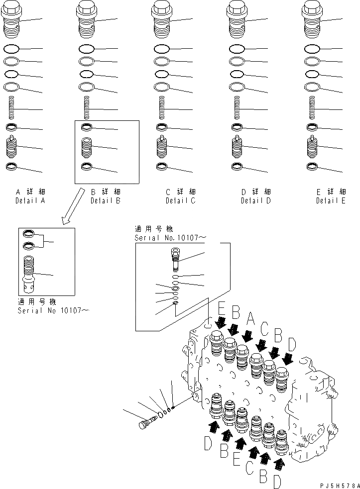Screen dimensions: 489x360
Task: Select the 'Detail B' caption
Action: click(x=105, y=201)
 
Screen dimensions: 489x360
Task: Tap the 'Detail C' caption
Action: click(x=180, y=201)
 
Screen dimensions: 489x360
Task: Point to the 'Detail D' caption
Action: click(x=255, y=201)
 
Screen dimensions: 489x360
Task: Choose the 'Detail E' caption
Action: click(x=331, y=201)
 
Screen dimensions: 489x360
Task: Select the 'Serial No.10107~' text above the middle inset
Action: click(x=169, y=238)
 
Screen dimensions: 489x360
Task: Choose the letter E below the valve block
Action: click(x=237, y=460)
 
